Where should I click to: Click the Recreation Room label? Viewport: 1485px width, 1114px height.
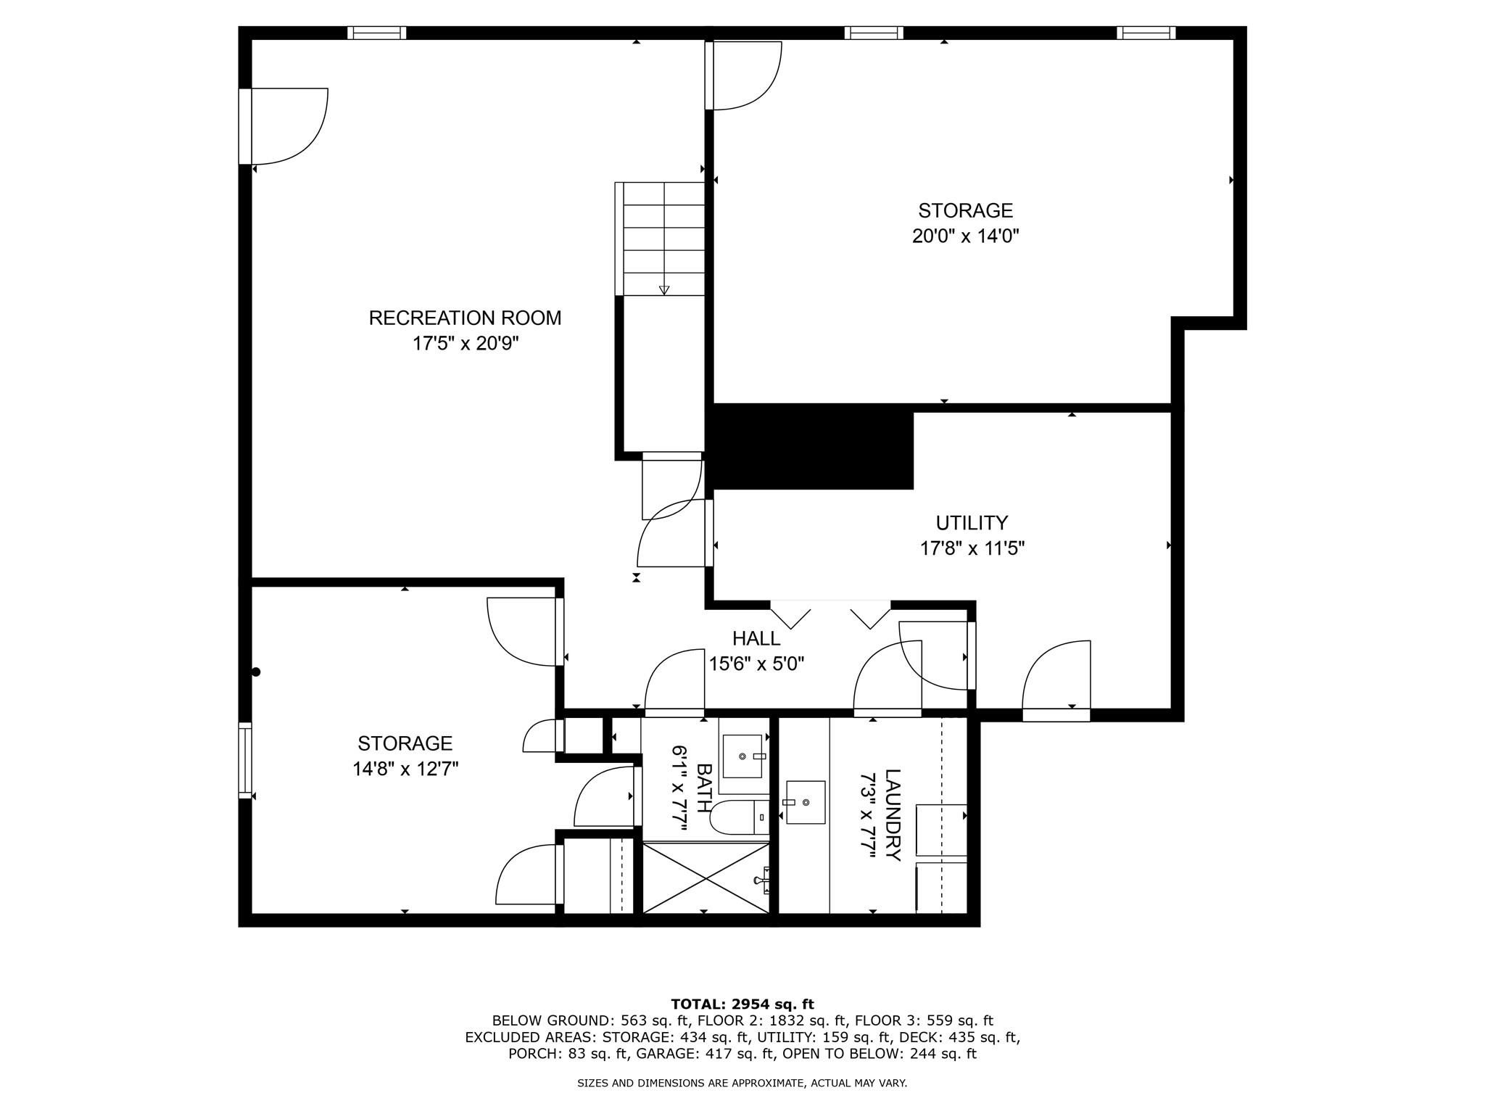(465, 318)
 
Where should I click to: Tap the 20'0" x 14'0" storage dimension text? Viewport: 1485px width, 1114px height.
(966, 236)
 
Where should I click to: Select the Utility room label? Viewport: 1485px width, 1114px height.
(972, 523)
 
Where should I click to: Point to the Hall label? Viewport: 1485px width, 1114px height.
(756, 638)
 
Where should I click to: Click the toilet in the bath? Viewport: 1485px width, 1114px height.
(739, 817)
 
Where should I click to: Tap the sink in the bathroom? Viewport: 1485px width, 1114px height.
(743, 756)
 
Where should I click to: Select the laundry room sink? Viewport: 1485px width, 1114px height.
(805, 802)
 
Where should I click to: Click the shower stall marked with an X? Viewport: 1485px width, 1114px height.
(706, 878)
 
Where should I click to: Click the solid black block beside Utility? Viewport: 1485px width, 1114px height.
(811, 447)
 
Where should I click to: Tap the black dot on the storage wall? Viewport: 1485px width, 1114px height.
(256, 672)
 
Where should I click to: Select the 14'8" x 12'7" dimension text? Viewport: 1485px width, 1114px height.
(406, 769)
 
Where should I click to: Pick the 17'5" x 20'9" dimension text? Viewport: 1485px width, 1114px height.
(466, 343)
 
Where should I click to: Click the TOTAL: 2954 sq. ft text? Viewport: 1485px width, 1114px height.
(742, 1004)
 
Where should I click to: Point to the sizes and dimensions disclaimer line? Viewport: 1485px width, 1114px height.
(742, 1084)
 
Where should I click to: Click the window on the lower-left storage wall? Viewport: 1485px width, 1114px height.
(245, 761)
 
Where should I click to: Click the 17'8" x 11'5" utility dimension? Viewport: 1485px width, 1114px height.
(972, 548)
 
